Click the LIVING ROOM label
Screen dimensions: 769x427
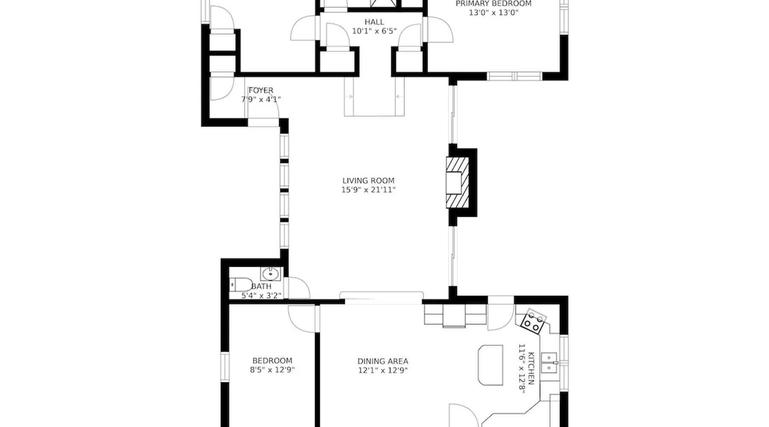368,181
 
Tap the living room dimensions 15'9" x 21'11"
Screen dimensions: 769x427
368,190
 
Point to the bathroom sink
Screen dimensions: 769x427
270,274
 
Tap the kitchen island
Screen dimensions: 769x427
490,365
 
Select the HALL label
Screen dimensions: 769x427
374,22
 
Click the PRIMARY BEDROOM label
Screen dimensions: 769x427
493,4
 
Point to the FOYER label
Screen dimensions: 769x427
261,91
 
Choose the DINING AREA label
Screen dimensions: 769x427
383,361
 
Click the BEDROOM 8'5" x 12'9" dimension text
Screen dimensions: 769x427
272,370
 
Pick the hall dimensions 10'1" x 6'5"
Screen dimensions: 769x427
374,31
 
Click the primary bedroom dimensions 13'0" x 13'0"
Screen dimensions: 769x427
493,13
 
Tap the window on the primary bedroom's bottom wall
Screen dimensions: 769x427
515,76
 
